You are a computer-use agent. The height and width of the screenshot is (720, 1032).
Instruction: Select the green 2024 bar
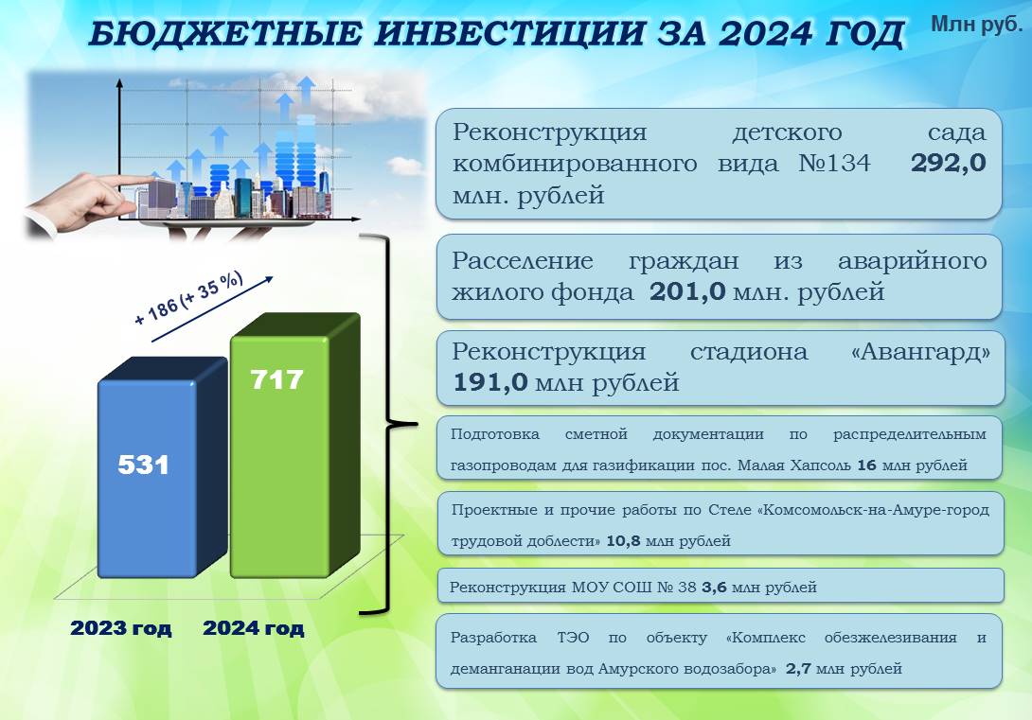click(x=294, y=446)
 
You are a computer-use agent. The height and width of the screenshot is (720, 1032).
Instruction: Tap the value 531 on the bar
click(x=144, y=465)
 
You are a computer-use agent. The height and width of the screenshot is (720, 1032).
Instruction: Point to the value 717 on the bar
click(x=276, y=379)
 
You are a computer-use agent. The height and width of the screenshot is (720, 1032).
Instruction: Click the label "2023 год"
click(x=121, y=628)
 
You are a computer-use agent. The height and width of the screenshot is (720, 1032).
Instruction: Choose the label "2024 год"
click(x=254, y=628)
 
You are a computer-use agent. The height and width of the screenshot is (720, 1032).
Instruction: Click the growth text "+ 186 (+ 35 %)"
click(x=188, y=299)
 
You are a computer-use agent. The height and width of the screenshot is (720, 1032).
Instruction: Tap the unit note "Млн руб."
click(x=977, y=24)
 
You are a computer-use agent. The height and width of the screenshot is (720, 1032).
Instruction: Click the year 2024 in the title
click(x=765, y=33)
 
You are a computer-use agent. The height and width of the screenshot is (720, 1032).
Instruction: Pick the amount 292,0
click(x=949, y=163)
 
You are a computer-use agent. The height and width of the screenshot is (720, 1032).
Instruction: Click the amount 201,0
click(x=687, y=290)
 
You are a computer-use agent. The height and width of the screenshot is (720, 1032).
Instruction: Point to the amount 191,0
click(x=491, y=382)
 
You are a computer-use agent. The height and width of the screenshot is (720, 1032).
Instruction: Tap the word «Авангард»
click(x=920, y=352)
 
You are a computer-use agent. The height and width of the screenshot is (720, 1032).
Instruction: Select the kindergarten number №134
click(x=834, y=163)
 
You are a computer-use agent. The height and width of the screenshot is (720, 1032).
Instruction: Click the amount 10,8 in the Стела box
click(x=623, y=541)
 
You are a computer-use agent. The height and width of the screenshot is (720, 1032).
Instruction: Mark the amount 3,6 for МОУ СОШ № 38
click(x=714, y=588)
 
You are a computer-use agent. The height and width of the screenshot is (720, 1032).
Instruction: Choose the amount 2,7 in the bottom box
click(x=798, y=669)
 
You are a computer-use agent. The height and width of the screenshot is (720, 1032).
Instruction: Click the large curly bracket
click(x=389, y=424)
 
